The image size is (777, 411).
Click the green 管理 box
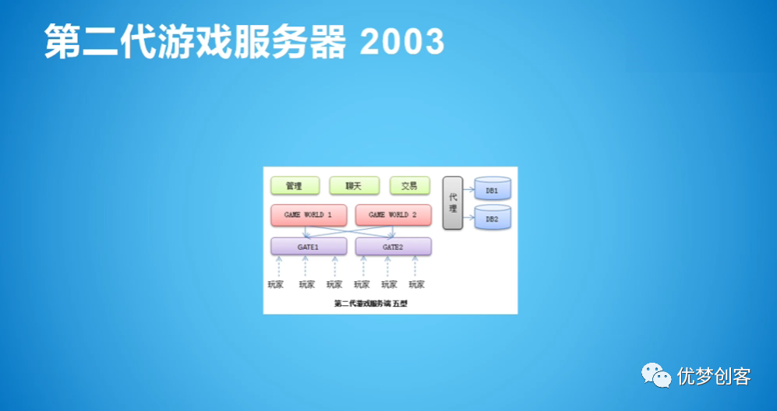point(295,186)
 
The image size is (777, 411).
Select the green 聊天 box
point(354,186)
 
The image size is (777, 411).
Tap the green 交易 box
point(410,186)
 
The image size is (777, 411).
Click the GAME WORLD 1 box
point(309,215)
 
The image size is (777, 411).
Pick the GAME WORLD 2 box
point(393,215)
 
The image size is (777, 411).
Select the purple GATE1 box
point(309,247)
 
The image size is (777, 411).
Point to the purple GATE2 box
point(393,247)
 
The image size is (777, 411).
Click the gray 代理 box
point(453,203)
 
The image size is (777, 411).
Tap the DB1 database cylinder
point(492,190)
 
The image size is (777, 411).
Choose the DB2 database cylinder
point(492,219)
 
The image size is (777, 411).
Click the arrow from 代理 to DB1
point(468,188)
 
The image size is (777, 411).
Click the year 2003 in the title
point(402,41)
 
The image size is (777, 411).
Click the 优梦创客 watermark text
point(714,377)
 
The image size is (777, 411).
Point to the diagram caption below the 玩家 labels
point(370,304)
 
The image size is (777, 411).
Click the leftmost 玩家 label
point(277,284)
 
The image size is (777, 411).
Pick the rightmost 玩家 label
point(418,284)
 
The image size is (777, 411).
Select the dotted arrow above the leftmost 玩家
point(278,266)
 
